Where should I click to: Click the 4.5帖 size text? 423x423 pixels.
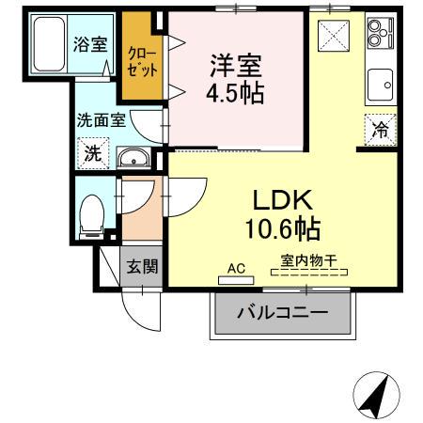click(x=234, y=94)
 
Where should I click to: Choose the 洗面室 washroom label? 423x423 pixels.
click(x=101, y=120)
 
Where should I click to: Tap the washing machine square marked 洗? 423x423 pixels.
click(x=93, y=153)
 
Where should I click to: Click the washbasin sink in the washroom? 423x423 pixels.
click(x=135, y=158)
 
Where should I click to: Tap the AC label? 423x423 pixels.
click(x=236, y=269)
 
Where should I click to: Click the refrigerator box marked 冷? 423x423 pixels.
click(x=382, y=131)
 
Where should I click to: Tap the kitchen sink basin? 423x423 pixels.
click(x=381, y=83)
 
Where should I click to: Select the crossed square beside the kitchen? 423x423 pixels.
click(x=335, y=38)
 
